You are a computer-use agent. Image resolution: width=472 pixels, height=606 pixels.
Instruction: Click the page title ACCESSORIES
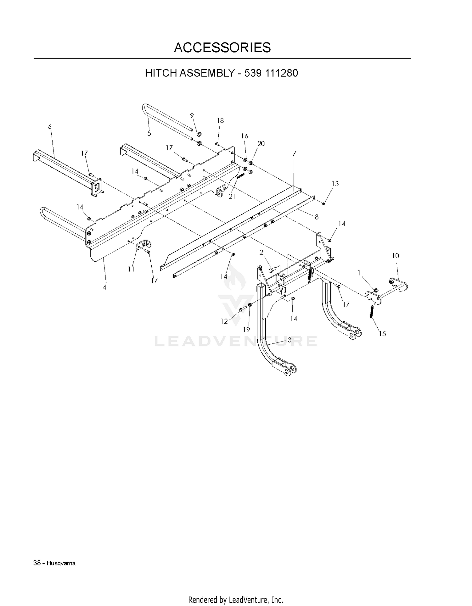(x=222, y=47)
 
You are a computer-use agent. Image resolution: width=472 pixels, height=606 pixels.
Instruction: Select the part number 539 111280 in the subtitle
(x=271, y=73)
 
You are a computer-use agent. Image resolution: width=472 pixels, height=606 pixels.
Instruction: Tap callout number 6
(x=50, y=126)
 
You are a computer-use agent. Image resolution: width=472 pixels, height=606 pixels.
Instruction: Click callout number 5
(x=149, y=133)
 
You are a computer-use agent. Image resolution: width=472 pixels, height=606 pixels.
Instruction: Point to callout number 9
(x=192, y=115)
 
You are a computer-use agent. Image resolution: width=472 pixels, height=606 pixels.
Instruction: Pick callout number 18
(x=220, y=120)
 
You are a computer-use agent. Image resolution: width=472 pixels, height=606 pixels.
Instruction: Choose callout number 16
(x=244, y=136)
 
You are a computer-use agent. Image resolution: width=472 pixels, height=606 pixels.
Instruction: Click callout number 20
(x=261, y=143)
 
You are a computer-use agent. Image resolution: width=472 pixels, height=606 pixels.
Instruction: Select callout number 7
(x=295, y=153)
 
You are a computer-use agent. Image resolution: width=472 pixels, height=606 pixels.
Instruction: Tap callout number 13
(x=335, y=183)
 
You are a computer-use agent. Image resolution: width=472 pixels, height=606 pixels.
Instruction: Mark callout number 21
(x=232, y=197)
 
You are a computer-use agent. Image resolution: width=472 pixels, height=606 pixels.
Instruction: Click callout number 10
(x=396, y=256)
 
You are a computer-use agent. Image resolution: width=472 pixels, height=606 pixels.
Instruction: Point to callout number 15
(x=382, y=334)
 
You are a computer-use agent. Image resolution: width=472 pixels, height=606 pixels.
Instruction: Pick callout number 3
(x=289, y=340)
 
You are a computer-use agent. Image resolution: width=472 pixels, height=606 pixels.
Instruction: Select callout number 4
(x=104, y=287)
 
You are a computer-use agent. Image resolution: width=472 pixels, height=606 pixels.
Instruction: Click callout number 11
(x=131, y=269)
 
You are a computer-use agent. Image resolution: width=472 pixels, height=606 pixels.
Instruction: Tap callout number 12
(x=224, y=321)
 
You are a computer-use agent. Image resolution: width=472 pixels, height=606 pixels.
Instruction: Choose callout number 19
(x=246, y=330)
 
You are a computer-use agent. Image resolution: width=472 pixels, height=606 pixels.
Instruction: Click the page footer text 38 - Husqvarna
(x=54, y=563)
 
